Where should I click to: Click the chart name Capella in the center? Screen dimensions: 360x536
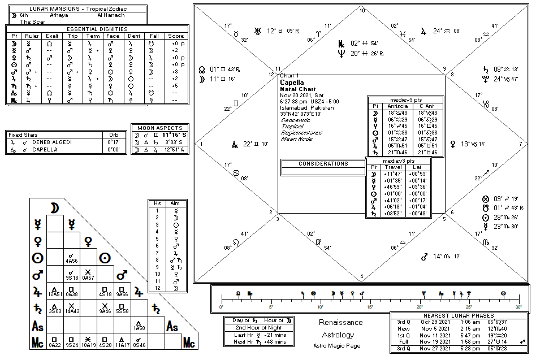click(x=292, y=83)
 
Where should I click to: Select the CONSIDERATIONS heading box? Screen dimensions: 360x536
click(x=323, y=164)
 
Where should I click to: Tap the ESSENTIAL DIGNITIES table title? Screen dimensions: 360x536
click(x=97, y=29)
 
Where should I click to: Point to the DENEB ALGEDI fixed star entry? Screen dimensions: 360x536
click(x=51, y=142)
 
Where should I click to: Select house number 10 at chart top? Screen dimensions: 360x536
click(x=362, y=11)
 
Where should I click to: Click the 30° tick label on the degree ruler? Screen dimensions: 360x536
click(x=518, y=307)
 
